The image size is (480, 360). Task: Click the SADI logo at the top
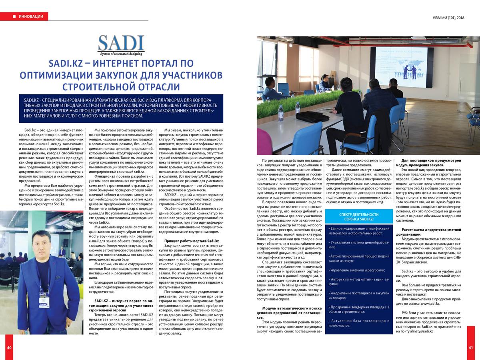point(121,45)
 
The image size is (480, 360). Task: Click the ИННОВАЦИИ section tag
point(28,16)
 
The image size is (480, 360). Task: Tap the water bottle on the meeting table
point(281,113)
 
